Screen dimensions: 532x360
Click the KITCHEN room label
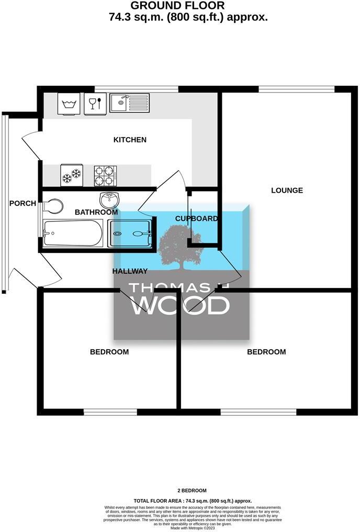130,140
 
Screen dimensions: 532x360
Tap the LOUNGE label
287,190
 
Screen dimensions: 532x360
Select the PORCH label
22,203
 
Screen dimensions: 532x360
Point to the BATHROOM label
96,212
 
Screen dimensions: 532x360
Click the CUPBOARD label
196,218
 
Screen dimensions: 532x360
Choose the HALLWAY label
130,271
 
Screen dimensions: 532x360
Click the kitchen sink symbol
129,103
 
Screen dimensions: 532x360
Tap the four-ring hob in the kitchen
105,176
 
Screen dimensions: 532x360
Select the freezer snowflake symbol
71,176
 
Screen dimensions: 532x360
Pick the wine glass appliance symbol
95,103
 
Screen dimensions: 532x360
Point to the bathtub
73,233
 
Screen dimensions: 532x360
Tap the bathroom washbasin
109,199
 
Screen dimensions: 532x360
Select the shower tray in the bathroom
130,234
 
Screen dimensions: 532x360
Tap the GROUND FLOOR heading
177,6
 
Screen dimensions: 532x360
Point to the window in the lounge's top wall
296,89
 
